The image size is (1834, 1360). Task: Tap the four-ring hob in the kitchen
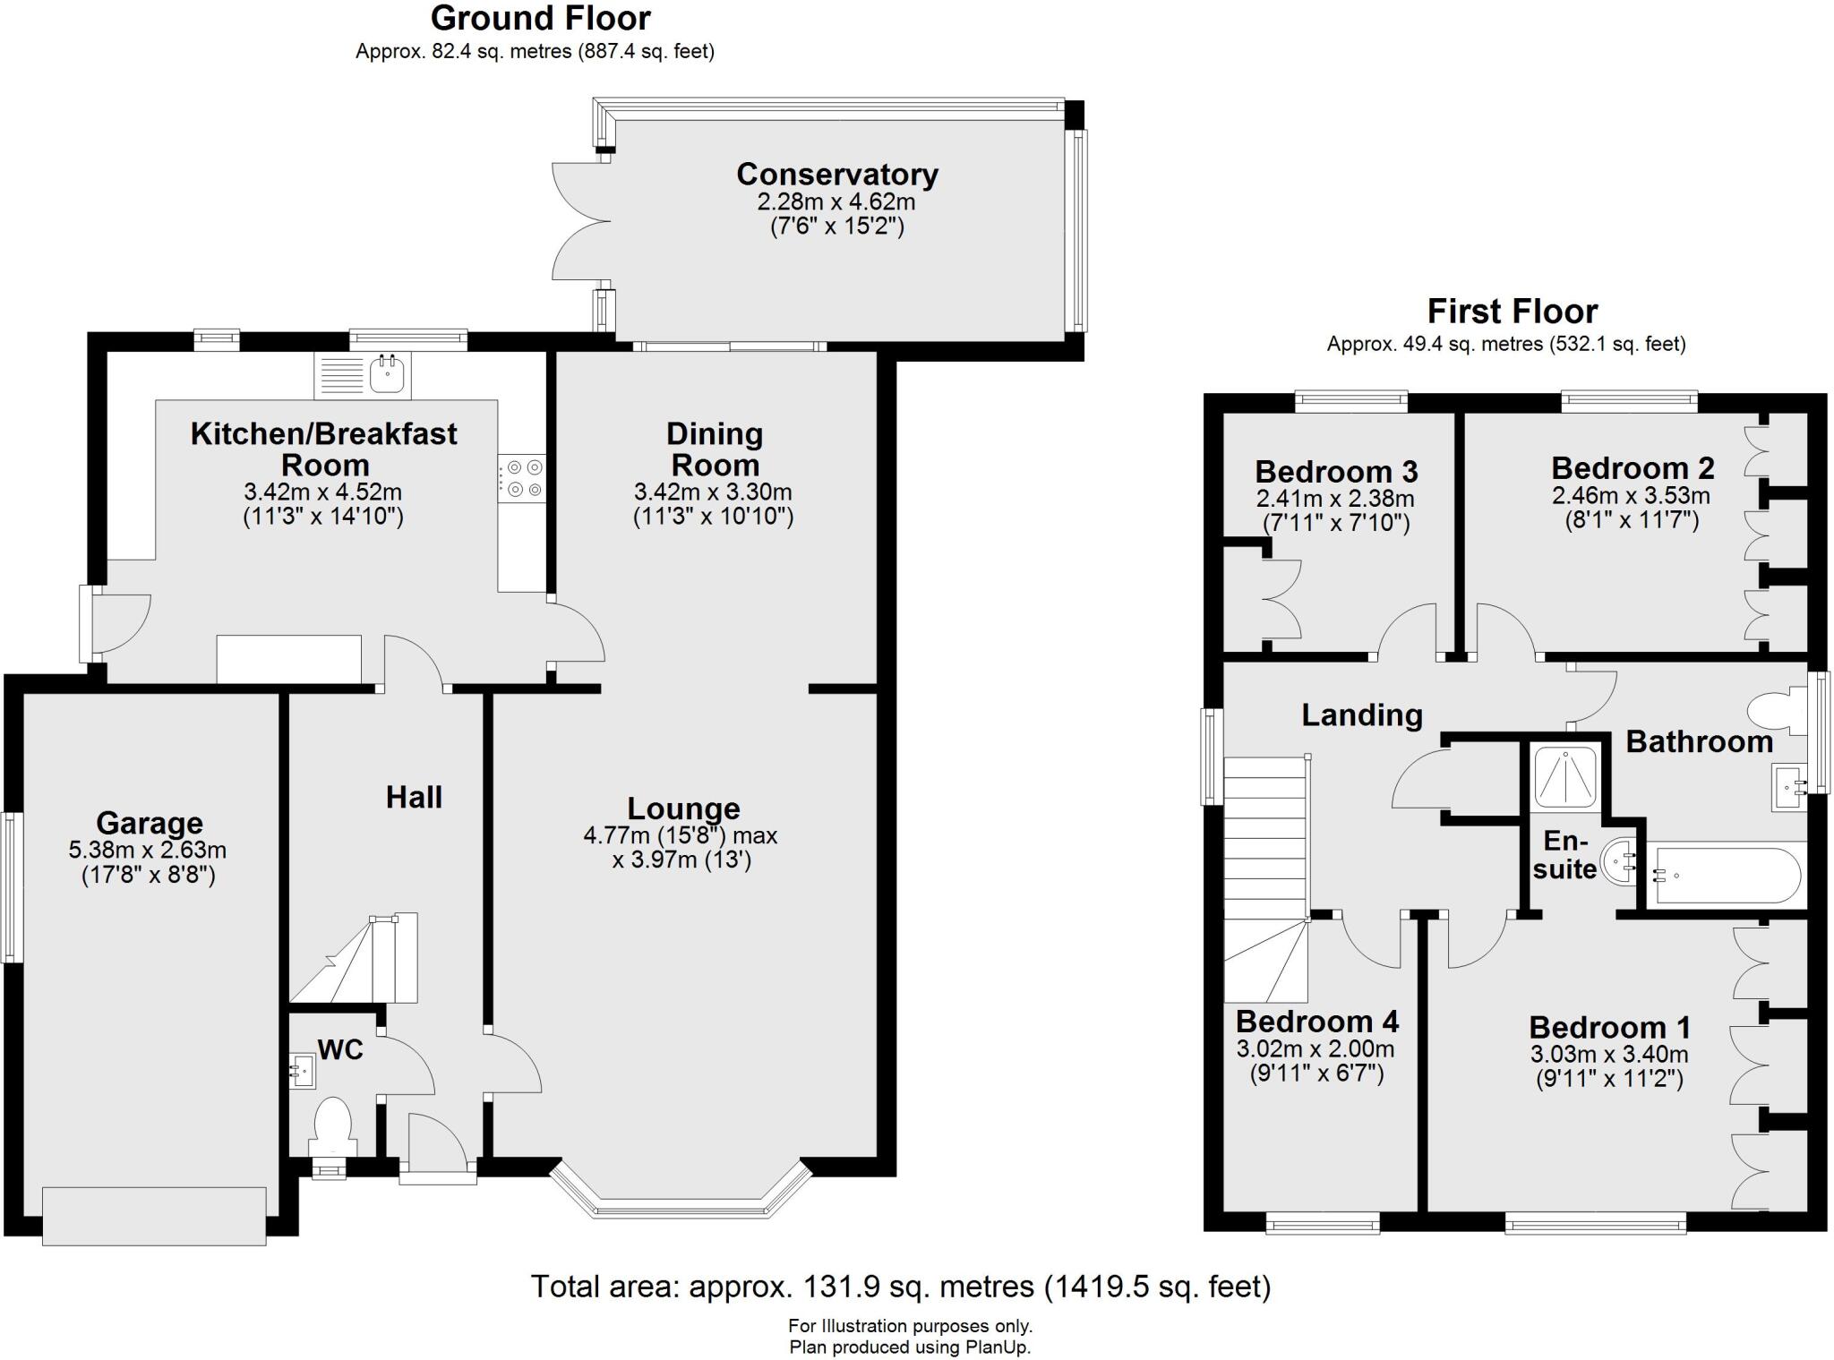521,478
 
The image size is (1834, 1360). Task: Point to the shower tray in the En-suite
1565,776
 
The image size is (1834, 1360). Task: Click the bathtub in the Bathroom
1721,876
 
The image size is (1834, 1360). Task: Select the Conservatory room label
836,174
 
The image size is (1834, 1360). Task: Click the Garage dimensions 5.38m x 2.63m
148,850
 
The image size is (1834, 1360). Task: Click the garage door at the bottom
154,1216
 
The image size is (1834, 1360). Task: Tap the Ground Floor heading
540,18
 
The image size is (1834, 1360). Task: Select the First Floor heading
1512,312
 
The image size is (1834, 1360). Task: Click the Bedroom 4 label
1316,1022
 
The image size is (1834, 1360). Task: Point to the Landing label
1361,714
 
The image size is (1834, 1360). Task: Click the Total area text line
900,1287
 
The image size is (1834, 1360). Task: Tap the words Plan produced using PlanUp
909,1347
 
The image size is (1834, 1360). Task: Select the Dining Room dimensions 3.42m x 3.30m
713,492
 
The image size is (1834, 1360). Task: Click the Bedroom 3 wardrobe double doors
1281,598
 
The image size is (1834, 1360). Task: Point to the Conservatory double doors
573,219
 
